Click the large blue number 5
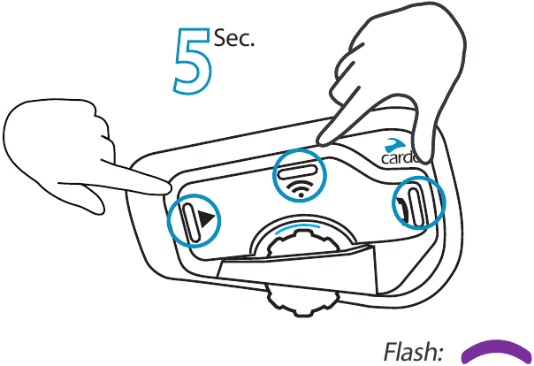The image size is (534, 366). click(193, 61)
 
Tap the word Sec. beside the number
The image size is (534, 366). click(234, 38)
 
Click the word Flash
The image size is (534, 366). click(412, 352)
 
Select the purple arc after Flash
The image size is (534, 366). click(496, 348)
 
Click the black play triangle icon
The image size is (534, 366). click(207, 218)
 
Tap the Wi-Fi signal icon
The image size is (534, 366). click(301, 189)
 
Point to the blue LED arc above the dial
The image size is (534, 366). click(298, 227)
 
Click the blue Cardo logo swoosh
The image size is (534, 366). click(395, 145)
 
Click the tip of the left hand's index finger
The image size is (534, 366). click(169, 187)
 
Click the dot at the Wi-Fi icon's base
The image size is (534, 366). click(301, 195)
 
